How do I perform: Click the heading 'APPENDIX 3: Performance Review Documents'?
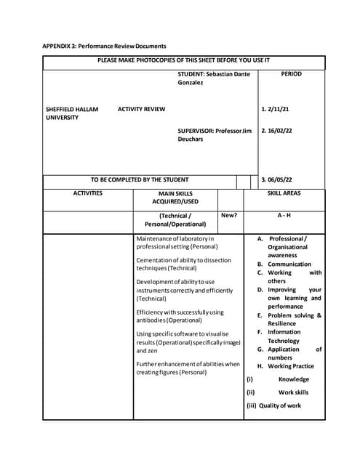click(104, 46)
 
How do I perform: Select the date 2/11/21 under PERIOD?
click(276, 110)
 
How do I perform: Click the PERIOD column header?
click(291, 74)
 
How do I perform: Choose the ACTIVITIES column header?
click(87, 193)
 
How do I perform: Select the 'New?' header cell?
click(228, 216)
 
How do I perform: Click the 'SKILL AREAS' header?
click(284, 193)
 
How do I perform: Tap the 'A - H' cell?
click(284, 216)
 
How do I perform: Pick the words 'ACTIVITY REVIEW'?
click(141, 110)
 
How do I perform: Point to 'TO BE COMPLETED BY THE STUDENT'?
click(139, 179)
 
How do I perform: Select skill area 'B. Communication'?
click(284, 264)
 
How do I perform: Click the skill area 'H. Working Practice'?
click(286, 366)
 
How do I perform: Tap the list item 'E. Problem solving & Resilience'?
click(289, 320)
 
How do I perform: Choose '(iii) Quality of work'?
click(273, 405)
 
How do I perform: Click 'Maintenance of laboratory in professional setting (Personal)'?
click(177, 243)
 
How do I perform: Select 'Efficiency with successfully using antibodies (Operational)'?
click(180, 316)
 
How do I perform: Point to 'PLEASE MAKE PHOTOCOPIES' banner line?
click(183, 60)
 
